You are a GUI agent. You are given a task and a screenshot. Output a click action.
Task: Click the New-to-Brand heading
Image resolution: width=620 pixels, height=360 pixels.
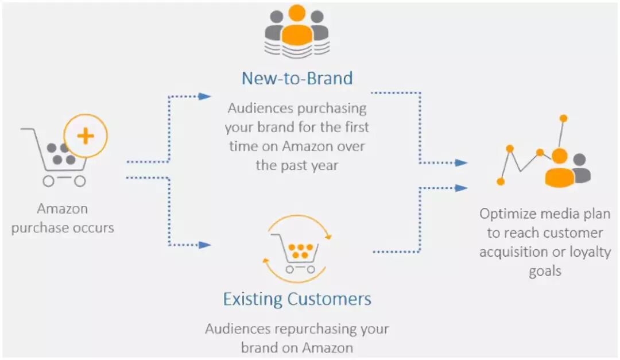[x=297, y=78]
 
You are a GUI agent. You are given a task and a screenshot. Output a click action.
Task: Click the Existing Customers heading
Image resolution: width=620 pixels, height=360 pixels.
[x=297, y=299]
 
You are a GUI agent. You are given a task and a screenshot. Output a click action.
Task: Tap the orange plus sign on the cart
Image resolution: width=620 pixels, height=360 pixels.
[x=86, y=136]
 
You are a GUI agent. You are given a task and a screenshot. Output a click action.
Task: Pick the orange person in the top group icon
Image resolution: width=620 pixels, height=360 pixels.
[x=297, y=26]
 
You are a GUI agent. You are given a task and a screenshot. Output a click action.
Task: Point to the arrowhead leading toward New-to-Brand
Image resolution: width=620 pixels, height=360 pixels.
[x=205, y=96]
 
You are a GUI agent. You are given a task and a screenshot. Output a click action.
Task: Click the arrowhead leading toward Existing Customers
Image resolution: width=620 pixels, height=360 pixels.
[x=205, y=245]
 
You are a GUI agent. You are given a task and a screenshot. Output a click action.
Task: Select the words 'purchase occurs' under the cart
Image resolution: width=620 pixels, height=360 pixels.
[x=63, y=227]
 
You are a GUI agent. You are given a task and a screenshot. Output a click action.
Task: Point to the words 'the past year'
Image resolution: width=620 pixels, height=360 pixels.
[x=297, y=165]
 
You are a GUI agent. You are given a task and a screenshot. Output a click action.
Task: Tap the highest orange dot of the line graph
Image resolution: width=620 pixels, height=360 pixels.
[x=563, y=118]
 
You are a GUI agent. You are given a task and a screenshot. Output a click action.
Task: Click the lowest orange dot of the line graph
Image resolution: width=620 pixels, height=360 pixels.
[x=501, y=181]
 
